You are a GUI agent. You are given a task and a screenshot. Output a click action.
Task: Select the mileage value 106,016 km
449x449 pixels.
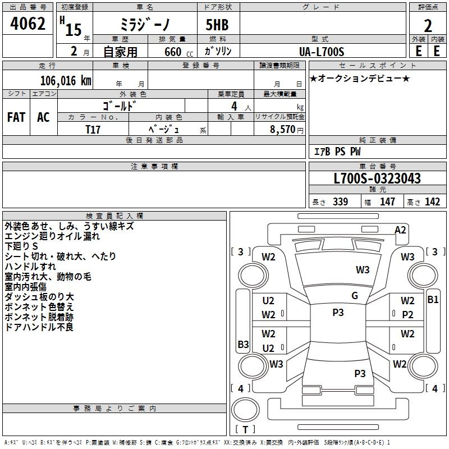point(66,80)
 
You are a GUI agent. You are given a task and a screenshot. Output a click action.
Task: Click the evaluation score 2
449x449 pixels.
point(428,26)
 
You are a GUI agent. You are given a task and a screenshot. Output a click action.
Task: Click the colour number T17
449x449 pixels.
point(93,129)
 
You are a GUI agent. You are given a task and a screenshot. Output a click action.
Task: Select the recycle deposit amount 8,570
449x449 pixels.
point(283,129)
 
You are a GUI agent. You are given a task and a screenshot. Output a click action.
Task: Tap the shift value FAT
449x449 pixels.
point(16,117)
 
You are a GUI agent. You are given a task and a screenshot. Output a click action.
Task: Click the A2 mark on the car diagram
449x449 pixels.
point(400,230)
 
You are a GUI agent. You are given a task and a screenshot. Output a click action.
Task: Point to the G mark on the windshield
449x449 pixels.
point(355,296)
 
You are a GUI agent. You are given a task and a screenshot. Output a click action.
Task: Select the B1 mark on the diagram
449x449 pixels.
point(433,300)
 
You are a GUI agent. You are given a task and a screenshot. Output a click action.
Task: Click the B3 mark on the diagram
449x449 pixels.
point(243,344)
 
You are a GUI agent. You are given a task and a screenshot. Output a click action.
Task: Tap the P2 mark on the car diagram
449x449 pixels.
point(407,315)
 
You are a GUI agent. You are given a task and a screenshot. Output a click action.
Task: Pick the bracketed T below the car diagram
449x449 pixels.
point(246,430)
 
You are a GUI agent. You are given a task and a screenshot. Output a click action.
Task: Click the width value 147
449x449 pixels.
point(387,202)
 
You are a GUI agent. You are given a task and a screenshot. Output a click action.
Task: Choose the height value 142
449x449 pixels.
point(432,202)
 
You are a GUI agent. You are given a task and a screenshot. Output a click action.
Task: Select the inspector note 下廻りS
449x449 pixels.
point(21,246)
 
